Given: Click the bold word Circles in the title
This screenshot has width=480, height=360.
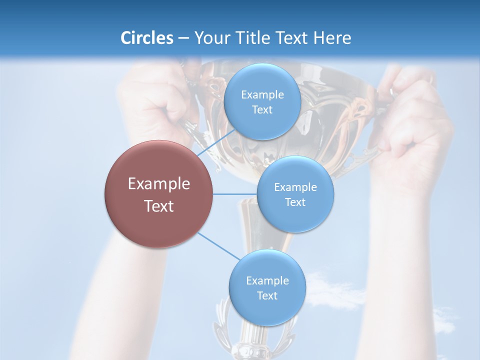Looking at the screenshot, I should (x=146, y=38).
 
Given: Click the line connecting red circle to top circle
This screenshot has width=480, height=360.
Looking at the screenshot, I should (x=216, y=143).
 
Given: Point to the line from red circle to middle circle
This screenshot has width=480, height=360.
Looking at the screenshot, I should (x=235, y=194).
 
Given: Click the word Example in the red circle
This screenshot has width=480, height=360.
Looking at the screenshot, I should (x=158, y=184).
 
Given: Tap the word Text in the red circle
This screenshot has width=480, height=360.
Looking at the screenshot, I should (x=158, y=206).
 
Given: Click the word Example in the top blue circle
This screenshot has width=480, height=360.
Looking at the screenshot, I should (x=262, y=95).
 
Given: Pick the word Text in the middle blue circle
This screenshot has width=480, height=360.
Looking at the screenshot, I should (x=295, y=202).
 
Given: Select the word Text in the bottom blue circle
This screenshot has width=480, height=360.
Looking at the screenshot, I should (x=267, y=296).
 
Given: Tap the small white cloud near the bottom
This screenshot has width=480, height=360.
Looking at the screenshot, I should (x=330, y=290).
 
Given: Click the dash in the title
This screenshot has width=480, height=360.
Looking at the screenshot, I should (x=183, y=38).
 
